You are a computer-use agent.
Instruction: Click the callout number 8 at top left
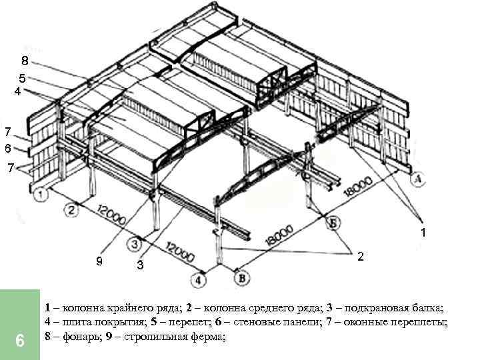[24, 61]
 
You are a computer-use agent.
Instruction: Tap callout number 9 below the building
[99, 261]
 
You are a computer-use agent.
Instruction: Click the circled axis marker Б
[331, 224]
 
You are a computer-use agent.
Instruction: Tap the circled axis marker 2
[71, 211]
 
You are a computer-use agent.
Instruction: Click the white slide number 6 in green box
[20, 341]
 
